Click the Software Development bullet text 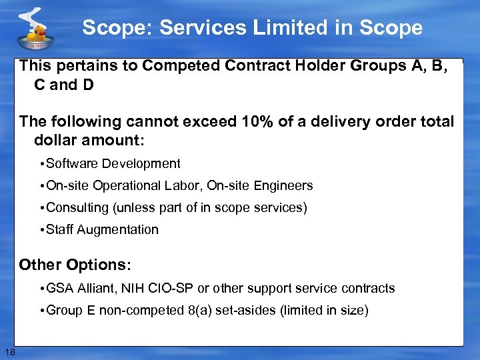113,164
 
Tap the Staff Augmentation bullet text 103,230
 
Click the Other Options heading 75,265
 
